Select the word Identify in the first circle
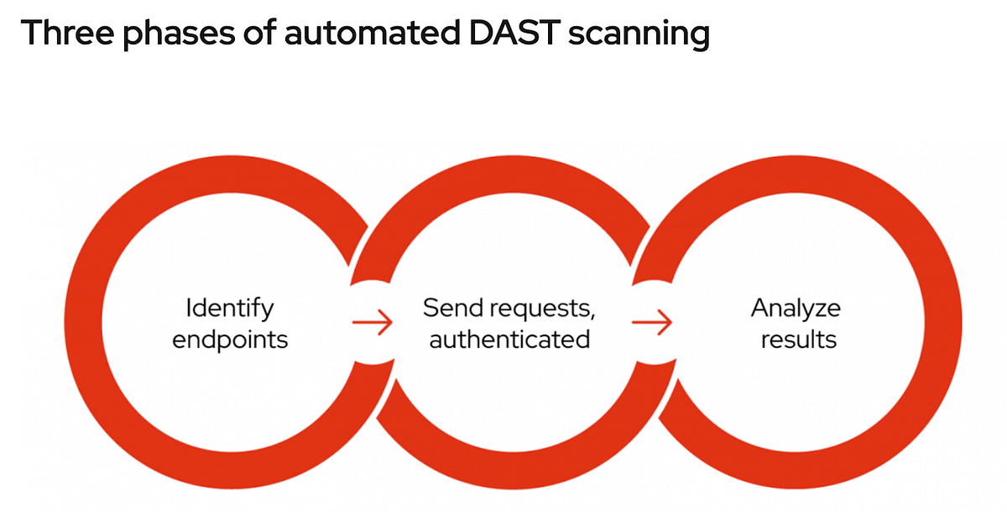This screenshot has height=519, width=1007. tap(229, 309)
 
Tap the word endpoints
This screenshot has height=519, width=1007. tap(229, 340)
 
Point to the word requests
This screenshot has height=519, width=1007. tap(542, 309)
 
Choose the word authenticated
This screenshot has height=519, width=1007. tap(509, 339)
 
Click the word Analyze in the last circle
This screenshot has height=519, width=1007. tap(795, 308)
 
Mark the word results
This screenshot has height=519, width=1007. tap(798, 339)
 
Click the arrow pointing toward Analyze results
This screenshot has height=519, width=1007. tap(652, 322)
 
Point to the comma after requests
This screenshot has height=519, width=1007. tap(592, 317)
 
